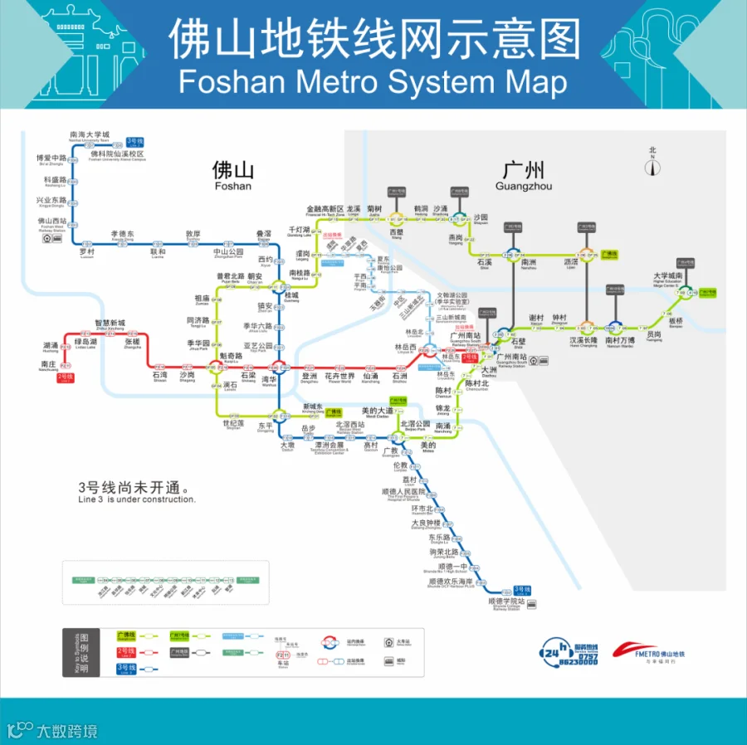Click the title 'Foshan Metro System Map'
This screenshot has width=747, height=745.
tap(373, 83)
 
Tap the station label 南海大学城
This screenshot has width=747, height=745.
tap(90, 134)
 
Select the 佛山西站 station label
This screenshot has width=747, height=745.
tap(51, 222)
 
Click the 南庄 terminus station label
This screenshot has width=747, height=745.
tap(49, 363)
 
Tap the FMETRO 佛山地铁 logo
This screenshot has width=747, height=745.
tap(649, 653)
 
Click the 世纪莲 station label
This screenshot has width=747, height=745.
tap(232, 423)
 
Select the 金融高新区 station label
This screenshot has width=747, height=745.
tap(325, 208)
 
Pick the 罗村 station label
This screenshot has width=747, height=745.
tap(87, 251)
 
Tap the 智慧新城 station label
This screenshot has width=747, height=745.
tap(110, 323)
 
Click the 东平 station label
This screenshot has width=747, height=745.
tap(265, 426)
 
